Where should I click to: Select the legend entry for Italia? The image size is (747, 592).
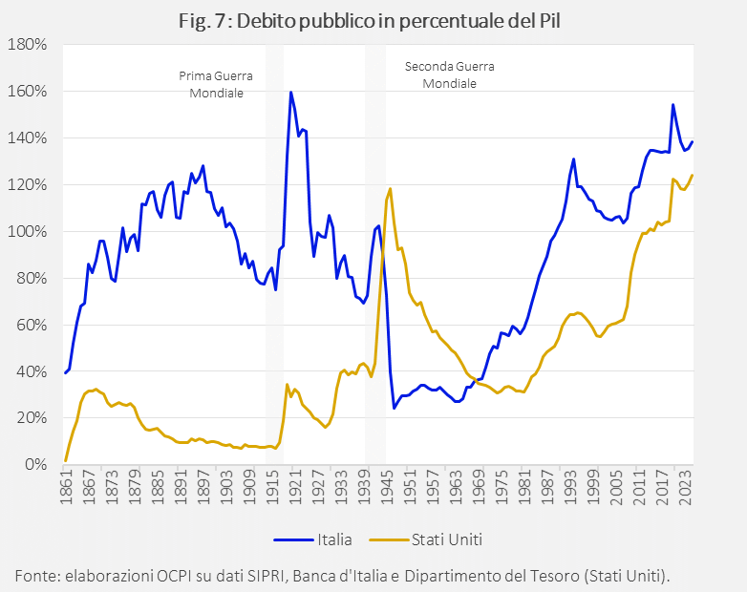pos(314,539)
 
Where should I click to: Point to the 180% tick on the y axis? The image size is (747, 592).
pos(29,45)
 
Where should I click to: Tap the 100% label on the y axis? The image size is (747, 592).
pos(29,231)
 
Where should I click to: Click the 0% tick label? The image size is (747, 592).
pos(35,465)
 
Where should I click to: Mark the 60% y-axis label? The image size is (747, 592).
pos(32,325)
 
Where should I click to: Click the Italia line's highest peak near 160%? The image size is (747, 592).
pos(290,93)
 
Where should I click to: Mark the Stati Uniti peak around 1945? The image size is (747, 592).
pos(390,188)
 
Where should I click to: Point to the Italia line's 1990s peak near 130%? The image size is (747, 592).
pos(573,159)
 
